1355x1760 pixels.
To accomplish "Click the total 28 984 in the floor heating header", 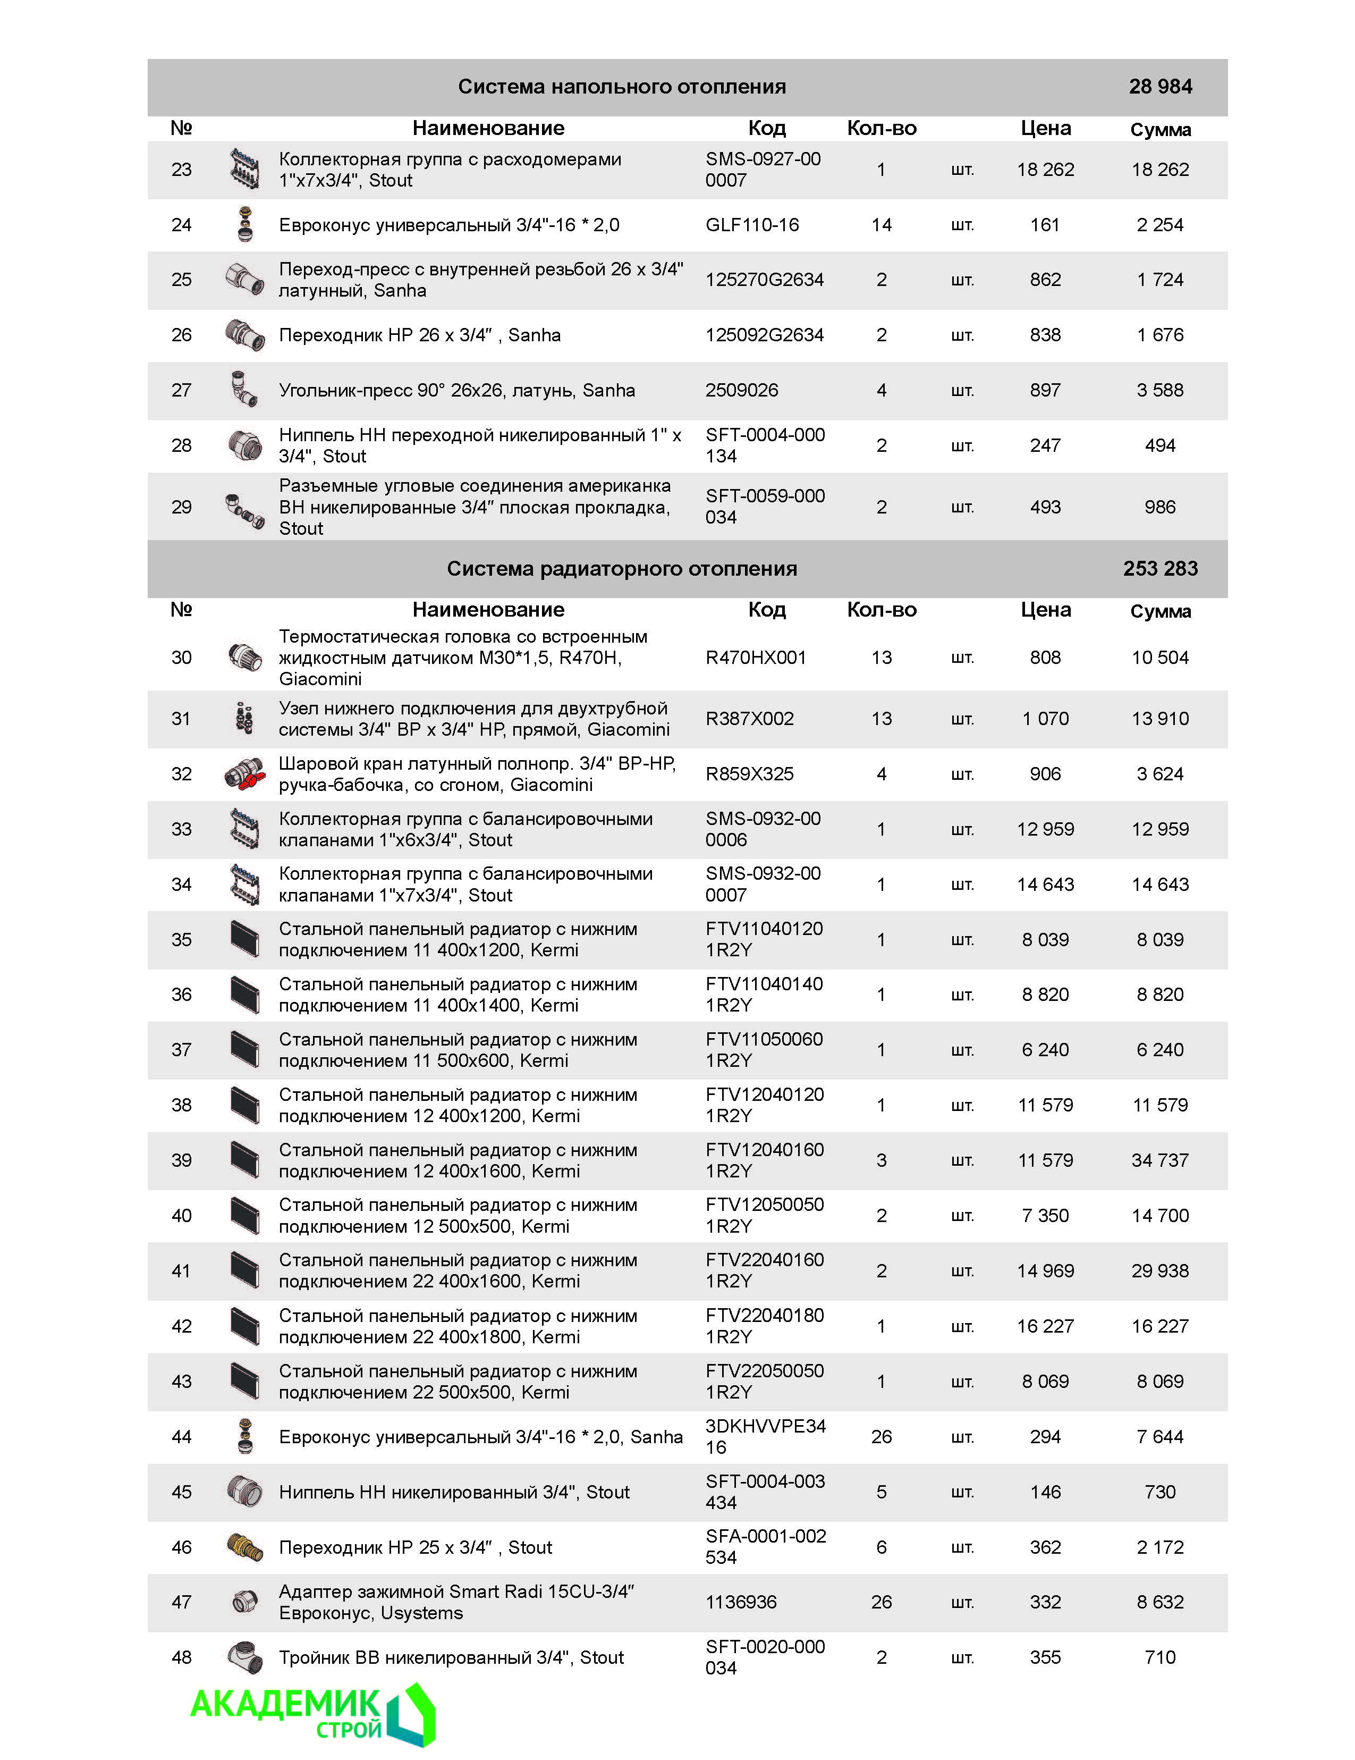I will coord(1159,86).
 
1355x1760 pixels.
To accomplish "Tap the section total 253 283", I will coord(1159,568).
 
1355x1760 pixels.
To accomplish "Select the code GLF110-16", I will coord(751,225).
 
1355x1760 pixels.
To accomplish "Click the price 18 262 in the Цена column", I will coord(1045,169).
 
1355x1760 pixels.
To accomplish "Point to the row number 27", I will coord(181,390).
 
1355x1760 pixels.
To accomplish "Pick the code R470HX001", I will coord(755,658).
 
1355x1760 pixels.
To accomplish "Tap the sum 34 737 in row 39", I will coord(1159,1160).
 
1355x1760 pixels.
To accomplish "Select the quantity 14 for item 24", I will coord(882,225).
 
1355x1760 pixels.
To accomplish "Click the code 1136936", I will coord(740,1602).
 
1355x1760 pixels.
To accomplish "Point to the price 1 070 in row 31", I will coord(1045,718).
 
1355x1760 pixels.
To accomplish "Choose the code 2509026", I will coord(741,390).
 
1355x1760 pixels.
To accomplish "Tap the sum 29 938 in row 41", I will coord(1159,1271).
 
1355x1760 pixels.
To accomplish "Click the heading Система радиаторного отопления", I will coord(622,568).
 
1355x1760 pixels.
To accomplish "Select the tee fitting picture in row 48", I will coord(244,1657).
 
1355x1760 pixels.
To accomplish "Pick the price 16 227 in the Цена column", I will coord(1045,1326).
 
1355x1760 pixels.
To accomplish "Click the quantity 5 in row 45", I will coord(882,1492).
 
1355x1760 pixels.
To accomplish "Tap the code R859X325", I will coord(749,773).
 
